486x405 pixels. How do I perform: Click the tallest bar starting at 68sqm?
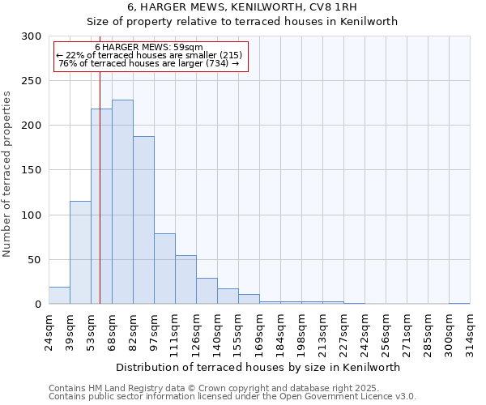122,202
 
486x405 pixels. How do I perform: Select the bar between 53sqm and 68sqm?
101,207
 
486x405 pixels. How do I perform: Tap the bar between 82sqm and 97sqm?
143,220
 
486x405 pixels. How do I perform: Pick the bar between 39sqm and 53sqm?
80,252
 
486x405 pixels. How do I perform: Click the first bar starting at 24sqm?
59,296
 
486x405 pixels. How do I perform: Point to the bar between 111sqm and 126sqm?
185,279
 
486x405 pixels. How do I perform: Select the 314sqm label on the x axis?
470,330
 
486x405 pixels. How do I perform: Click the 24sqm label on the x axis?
49,330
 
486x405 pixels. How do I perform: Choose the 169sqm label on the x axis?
259,330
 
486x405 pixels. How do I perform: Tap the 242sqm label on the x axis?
364,330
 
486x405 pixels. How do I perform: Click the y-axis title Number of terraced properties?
7,173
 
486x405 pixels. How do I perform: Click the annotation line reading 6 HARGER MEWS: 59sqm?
149,48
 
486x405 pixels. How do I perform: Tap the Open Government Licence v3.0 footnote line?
232,396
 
